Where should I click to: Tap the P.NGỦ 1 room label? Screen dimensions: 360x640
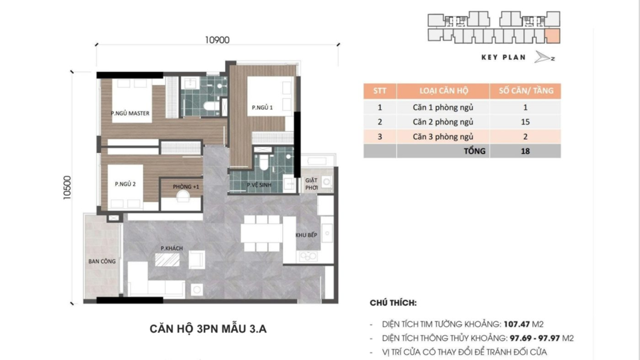262,108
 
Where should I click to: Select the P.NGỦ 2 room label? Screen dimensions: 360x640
125,184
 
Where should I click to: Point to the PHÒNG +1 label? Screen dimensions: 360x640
186,187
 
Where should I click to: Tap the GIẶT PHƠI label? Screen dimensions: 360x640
311,184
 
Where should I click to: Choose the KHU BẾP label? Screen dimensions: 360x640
305,235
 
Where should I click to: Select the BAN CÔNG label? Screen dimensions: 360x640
102,262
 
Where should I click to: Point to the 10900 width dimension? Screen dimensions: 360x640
217,40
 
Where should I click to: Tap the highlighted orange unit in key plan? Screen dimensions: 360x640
553,35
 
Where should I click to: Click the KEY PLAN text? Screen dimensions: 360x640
503,58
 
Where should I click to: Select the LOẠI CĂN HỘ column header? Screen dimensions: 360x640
443,91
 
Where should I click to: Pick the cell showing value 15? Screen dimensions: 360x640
525,122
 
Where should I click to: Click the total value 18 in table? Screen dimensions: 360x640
525,151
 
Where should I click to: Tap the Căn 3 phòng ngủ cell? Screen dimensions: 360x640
443,137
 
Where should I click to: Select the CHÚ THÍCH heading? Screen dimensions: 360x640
393,303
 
